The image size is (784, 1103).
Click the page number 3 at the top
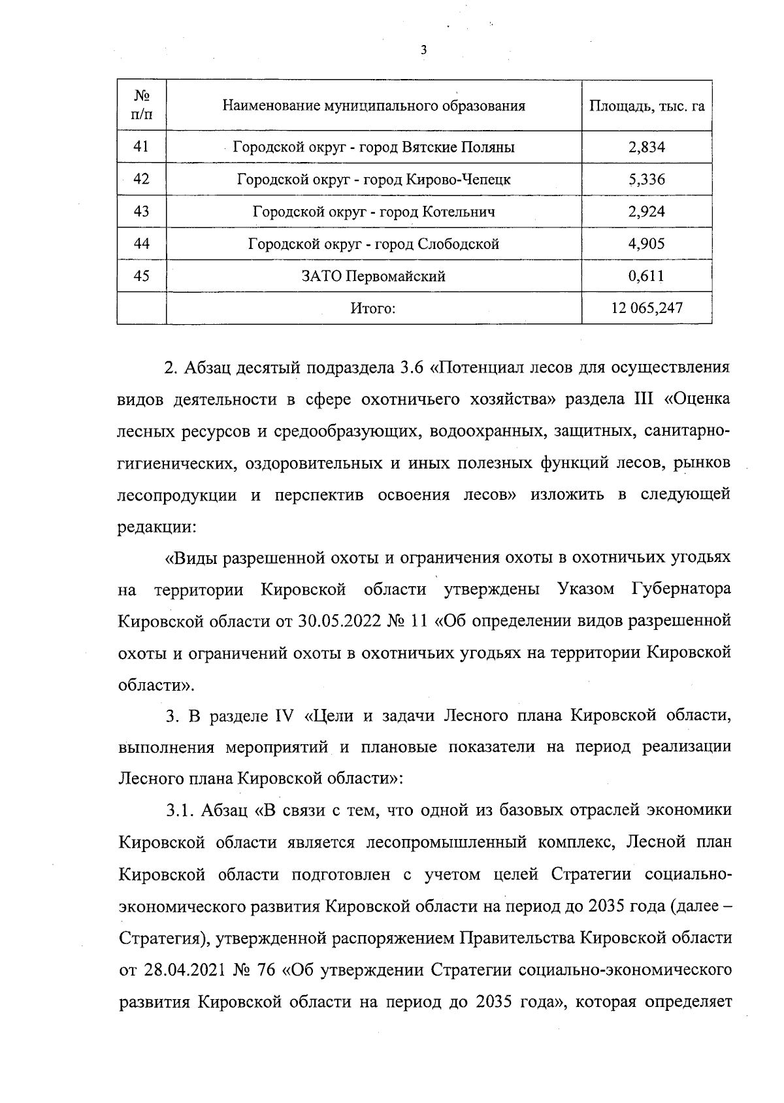[x=424, y=50]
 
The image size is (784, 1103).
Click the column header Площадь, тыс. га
[x=646, y=106]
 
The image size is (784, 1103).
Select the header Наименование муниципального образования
[x=374, y=106]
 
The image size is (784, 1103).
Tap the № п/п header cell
[x=142, y=106]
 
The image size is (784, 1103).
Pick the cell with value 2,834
[x=646, y=148]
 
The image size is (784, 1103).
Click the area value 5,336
[x=646, y=180]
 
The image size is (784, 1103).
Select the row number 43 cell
[x=141, y=211]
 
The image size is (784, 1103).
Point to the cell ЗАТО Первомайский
[x=374, y=276]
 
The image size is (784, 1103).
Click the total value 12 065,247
[x=646, y=308]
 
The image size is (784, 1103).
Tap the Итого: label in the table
[x=374, y=308]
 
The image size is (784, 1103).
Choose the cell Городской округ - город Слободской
[x=374, y=244]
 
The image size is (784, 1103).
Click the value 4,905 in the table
[x=646, y=244]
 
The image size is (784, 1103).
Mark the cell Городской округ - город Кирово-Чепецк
[x=374, y=180]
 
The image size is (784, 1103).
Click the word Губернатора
[x=681, y=590]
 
